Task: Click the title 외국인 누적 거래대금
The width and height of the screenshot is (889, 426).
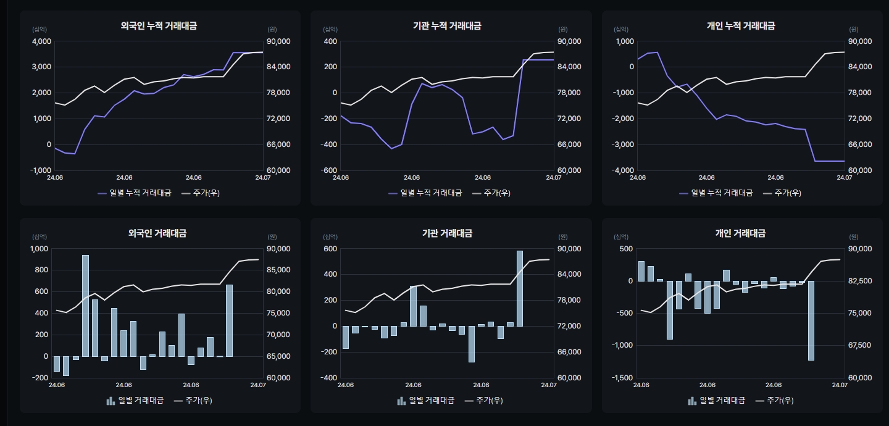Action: point(159,26)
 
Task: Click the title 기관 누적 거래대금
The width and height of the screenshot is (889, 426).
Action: point(447,26)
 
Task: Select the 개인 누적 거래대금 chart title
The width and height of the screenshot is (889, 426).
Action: point(741,26)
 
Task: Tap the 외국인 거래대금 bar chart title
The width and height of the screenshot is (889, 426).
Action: point(157,233)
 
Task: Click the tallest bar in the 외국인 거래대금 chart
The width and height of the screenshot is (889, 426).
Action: point(85,306)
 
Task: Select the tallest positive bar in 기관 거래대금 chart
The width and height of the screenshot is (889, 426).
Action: point(519,288)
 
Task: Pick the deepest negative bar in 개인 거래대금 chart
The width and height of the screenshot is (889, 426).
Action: point(811,320)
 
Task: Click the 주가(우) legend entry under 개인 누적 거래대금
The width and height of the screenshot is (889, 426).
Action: point(782,193)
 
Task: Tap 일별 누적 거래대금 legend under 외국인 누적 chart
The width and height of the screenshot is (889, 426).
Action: point(134,193)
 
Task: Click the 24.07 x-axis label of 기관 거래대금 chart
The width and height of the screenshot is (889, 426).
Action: point(549,385)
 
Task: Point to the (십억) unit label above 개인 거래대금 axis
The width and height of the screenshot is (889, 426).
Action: point(621,236)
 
